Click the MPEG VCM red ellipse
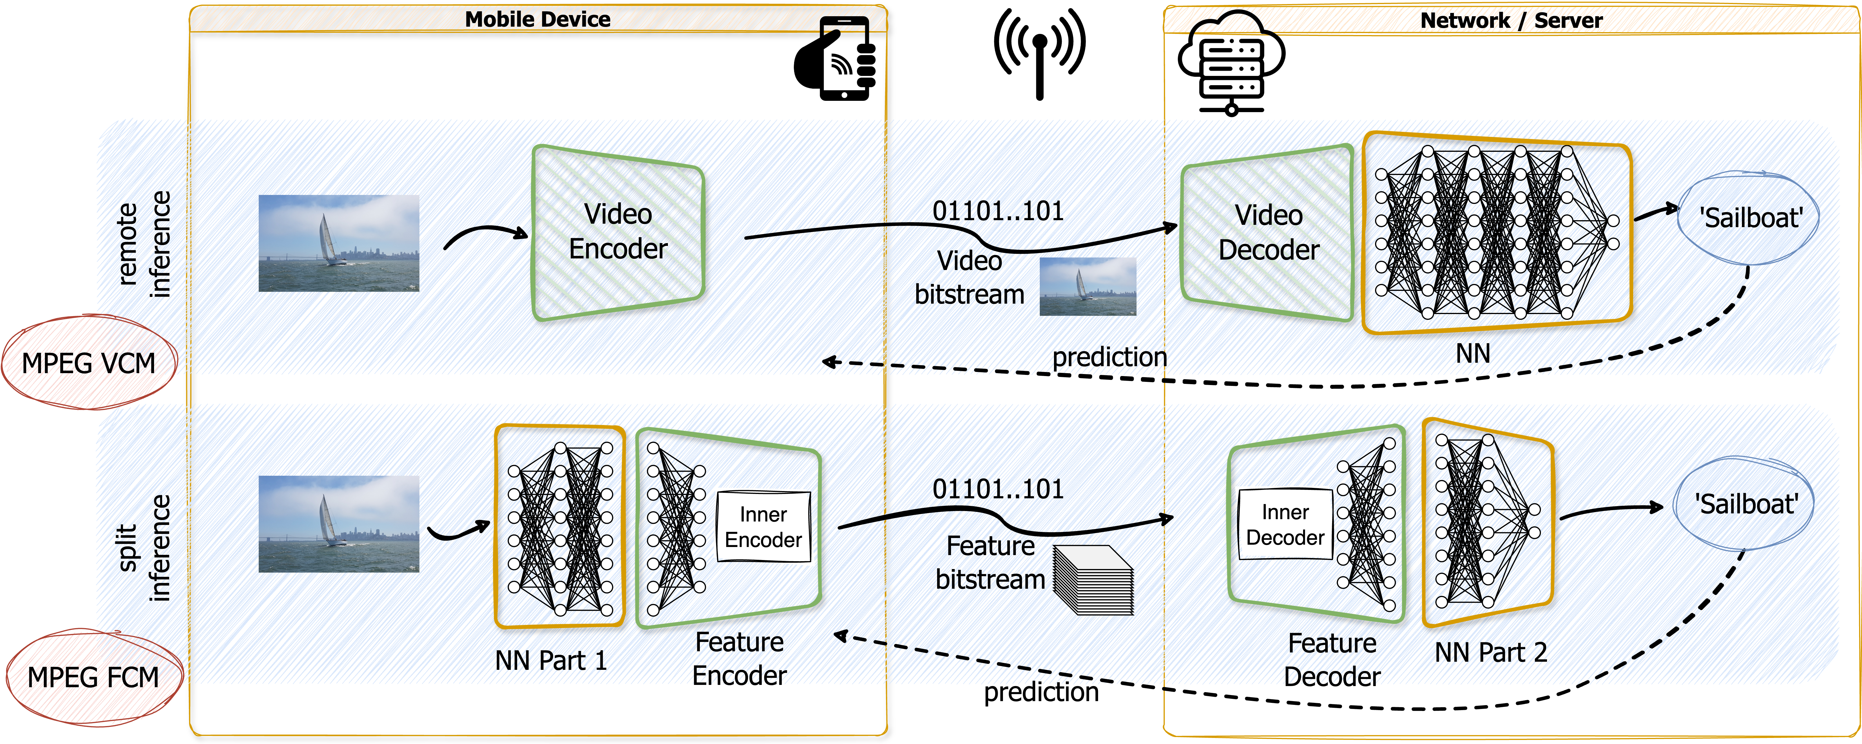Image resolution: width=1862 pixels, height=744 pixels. point(89,363)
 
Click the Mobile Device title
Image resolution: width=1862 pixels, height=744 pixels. point(538,19)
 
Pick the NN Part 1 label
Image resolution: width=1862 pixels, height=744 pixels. point(551,660)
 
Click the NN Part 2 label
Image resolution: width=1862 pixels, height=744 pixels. point(1490,652)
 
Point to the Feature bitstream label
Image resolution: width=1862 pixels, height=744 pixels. point(990,563)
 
